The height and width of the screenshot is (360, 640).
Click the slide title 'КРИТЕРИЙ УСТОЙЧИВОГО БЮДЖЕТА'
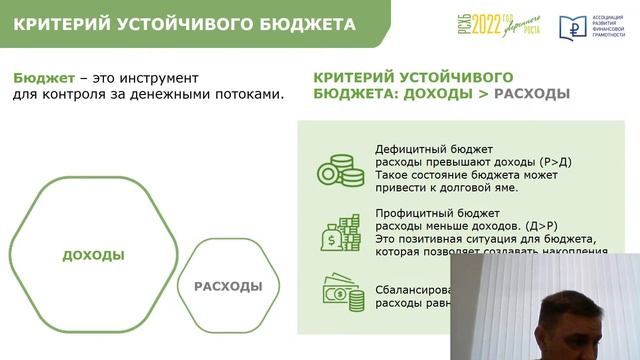point(183,23)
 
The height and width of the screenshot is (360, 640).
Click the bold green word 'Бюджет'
point(41,77)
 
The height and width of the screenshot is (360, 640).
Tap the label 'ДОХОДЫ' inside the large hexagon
point(93,255)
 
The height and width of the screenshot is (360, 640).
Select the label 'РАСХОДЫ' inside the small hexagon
point(228,286)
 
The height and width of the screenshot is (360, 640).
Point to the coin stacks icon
point(340,168)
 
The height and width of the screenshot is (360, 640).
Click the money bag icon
point(339,234)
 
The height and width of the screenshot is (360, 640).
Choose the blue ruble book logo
point(574,26)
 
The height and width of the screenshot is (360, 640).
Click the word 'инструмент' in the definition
point(155,77)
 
